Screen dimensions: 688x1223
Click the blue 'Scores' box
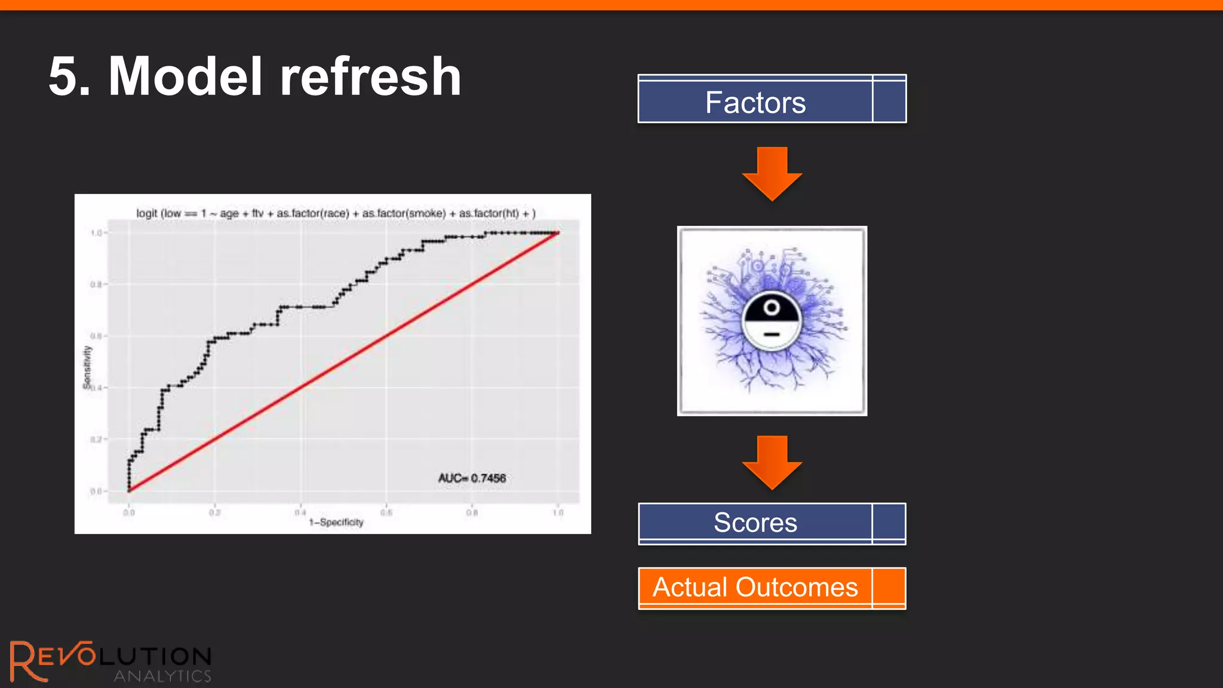tap(772, 523)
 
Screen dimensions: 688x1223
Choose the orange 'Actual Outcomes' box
tap(772, 588)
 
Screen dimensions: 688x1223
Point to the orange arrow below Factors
tap(772, 173)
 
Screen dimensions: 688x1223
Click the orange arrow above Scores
tap(772, 462)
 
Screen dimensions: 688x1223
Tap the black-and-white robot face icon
tap(772, 321)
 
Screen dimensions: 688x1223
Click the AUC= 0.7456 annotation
tap(472, 478)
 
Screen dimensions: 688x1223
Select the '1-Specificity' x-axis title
tap(336, 522)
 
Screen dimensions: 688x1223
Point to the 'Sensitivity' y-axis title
tap(87, 367)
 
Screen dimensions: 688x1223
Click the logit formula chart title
tap(336, 213)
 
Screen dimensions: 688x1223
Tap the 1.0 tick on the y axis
tap(97, 232)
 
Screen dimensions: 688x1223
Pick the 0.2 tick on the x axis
tap(214, 512)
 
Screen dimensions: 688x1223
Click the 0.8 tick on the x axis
tap(472, 512)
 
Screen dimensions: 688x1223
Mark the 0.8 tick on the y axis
tap(97, 284)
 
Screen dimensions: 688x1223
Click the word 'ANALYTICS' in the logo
tap(162, 676)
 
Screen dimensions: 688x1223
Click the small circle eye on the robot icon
tap(772, 308)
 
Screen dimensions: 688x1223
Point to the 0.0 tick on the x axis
tap(129, 512)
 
